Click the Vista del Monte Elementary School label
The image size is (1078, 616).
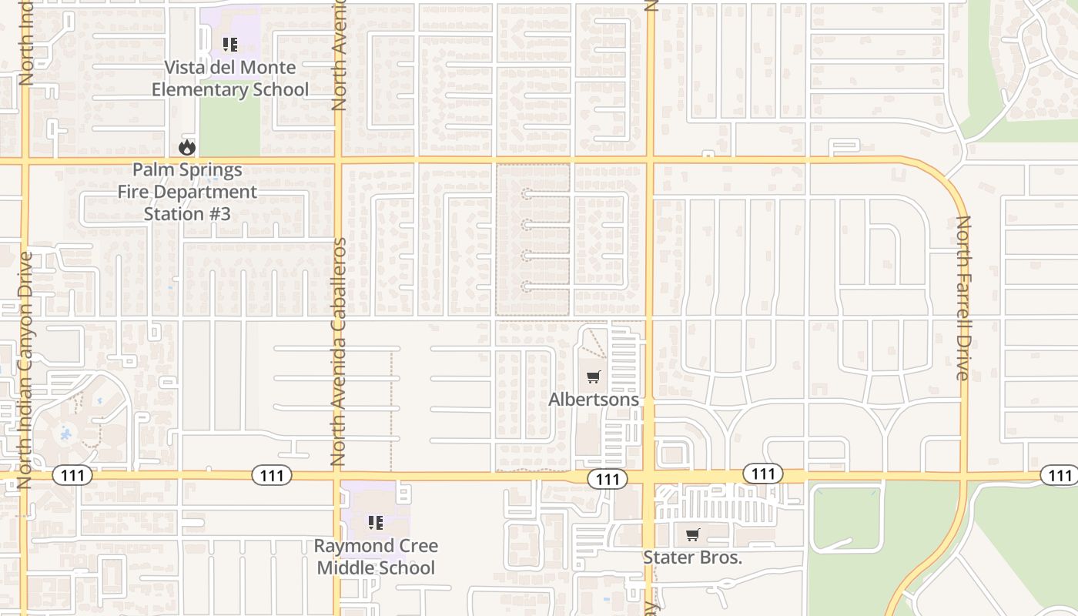click(229, 79)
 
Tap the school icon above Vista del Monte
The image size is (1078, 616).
click(229, 45)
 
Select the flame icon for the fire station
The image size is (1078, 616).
click(186, 146)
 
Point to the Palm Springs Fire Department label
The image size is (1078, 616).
click(187, 192)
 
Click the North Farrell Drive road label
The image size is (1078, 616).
click(963, 298)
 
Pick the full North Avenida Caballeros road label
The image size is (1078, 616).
click(337, 352)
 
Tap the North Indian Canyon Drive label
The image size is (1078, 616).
click(25, 370)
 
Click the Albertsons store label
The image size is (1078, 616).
click(593, 400)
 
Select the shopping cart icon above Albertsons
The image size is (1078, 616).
click(593, 377)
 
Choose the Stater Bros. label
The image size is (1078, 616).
click(692, 557)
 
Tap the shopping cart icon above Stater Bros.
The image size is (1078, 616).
click(692, 534)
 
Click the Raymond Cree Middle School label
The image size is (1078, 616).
click(376, 557)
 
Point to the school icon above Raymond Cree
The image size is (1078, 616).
click(376, 524)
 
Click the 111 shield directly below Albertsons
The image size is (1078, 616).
click(608, 480)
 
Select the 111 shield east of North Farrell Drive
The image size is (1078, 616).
click(1060, 476)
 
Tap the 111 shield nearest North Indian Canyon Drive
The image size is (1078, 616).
click(72, 476)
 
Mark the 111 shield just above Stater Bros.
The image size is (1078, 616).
click(763, 474)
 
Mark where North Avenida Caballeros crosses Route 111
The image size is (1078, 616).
click(337, 476)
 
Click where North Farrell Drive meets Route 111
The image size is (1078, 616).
click(963, 475)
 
